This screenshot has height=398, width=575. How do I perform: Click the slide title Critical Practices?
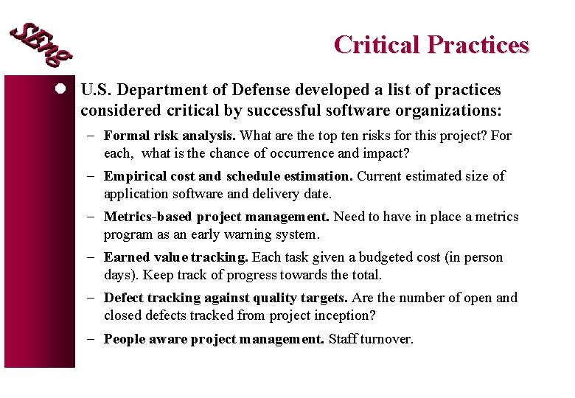431,45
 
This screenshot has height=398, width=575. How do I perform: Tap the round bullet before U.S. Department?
64,90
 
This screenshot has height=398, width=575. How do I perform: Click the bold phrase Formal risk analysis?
170,136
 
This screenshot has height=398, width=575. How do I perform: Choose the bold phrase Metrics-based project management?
217,217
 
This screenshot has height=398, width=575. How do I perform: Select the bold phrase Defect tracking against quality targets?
226,298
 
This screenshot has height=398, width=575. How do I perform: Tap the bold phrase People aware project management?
214,339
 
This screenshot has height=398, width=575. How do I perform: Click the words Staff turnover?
371,339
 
